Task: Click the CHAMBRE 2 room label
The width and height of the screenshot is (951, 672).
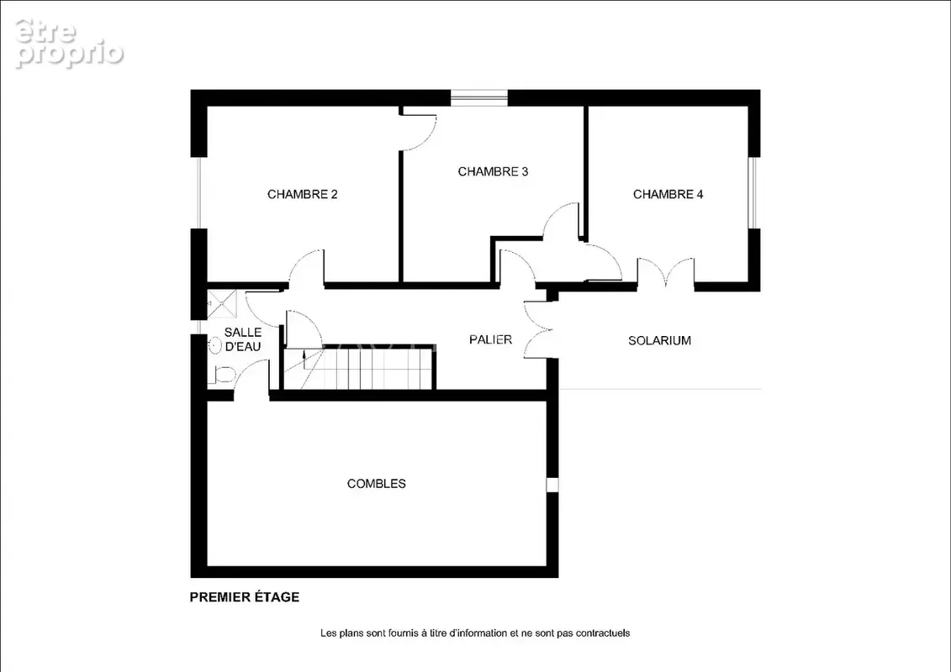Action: click(x=302, y=194)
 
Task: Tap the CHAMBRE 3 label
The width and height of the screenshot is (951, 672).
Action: click(x=493, y=171)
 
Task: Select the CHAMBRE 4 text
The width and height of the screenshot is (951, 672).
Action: click(x=668, y=194)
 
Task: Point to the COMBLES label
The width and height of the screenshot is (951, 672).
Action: click(x=376, y=484)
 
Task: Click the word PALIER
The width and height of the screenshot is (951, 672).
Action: click(x=491, y=339)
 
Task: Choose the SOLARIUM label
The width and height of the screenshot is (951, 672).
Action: click(x=659, y=340)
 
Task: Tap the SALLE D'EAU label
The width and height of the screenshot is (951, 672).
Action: click(x=243, y=339)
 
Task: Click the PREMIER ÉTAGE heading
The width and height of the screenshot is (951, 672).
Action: click(x=245, y=597)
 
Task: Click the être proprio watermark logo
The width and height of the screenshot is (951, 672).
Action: click(x=69, y=43)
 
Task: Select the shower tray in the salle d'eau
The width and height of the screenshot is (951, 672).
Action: click(x=222, y=304)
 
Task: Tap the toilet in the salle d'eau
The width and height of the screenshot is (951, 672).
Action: click(x=221, y=375)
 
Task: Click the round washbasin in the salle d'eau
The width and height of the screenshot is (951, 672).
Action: click(x=214, y=346)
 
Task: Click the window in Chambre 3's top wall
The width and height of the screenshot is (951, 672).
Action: click(x=479, y=97)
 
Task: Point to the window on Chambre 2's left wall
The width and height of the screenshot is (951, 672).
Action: click(x=198, y=192)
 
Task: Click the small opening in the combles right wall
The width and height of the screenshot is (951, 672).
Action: click(x=552, y=485)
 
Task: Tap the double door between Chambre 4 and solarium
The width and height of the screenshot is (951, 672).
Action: click(x=666, y=270)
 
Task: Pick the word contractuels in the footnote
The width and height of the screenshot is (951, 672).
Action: click(x=603, y=633)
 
